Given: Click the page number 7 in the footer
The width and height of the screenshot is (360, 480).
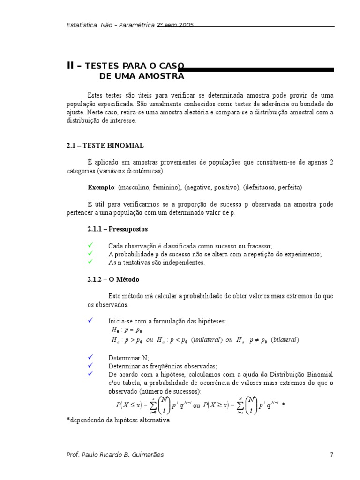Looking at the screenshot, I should [331, 454].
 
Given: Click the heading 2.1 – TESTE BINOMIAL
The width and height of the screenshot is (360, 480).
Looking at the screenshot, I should [105, 146].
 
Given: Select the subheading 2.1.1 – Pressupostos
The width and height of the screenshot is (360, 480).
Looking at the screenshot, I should [117, 229].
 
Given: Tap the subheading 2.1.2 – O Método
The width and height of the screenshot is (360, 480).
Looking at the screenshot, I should [113, 279].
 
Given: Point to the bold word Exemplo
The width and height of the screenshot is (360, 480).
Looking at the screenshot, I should [101, 187].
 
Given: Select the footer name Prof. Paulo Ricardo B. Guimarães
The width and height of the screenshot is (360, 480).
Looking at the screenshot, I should [115, 454].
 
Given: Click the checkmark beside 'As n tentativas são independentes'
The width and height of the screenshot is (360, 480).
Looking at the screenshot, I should [91, 262].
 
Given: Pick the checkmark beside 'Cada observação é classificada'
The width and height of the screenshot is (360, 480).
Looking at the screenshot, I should [91, 245].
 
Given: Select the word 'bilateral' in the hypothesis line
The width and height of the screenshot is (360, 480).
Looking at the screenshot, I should [285, 340].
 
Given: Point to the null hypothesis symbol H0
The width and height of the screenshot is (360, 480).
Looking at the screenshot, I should [115, 330].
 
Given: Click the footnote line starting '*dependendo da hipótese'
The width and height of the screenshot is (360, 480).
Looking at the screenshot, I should [118, 420].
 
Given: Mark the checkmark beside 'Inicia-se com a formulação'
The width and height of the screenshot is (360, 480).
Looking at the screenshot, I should [91, 321].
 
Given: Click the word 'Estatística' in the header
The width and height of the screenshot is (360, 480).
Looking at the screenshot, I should [82, 25].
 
